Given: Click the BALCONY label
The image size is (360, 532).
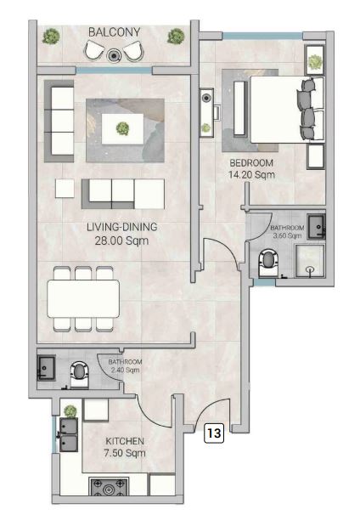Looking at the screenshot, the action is point(115,32).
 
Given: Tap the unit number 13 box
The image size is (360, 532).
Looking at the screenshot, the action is point(214,433).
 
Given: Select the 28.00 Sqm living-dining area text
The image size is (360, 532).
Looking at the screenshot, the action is point(121,241).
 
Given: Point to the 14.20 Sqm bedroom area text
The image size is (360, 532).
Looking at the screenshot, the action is point(251,175).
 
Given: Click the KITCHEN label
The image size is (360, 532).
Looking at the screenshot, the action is point(125,441).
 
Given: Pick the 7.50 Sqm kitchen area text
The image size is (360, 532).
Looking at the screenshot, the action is point(125,453).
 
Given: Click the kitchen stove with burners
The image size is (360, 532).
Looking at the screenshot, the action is point(109,487).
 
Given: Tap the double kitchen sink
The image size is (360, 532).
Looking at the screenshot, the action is point(69,434).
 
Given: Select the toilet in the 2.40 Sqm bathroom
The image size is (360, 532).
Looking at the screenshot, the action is point(80,374).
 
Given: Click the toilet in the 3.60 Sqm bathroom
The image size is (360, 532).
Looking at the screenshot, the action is point(268,263).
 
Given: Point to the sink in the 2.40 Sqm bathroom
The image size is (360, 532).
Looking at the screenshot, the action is point(46,367).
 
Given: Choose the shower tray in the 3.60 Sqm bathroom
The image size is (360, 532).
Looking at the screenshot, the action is point(310,261).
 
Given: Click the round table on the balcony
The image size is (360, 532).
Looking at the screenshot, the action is point(114,55).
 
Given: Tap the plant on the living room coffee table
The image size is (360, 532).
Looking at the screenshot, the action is point(122,128).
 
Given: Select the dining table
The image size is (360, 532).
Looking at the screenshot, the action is point(83,298).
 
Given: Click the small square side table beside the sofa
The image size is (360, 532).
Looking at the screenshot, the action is point(65,189).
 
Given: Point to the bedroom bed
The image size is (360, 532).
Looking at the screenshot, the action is point(287,110).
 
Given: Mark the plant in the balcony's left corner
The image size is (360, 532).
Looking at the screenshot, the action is point(51,36).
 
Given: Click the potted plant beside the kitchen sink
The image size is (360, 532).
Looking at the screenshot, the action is point(70,411).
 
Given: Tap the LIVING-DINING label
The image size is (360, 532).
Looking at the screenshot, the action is point(122,227).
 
